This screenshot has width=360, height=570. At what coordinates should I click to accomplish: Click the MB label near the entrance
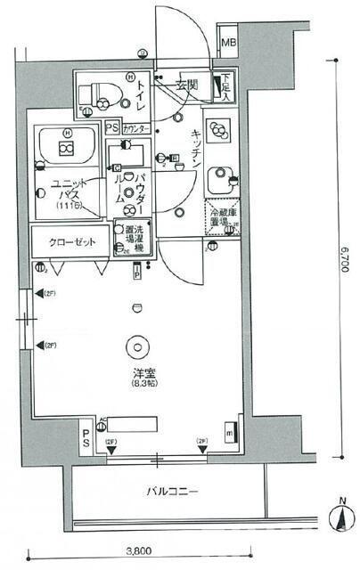228,43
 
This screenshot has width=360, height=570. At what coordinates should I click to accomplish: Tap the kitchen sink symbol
217,182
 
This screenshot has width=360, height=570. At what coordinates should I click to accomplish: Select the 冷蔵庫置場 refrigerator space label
220,218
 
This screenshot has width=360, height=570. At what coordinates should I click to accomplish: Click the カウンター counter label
135,128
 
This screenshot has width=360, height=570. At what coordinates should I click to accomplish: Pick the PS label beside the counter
110,128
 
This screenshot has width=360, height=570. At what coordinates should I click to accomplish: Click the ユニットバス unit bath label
67,191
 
